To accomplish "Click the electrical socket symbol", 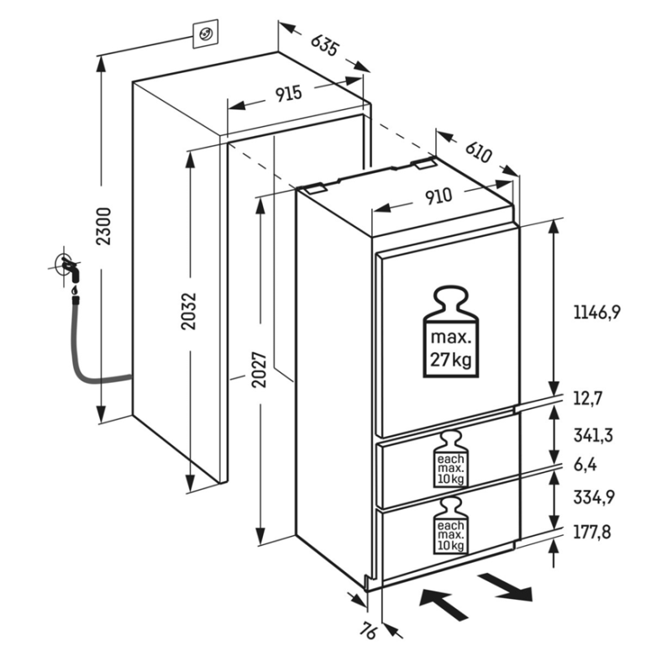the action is click(x=205, y=34).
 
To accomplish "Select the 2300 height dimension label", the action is click(x=103, y=226).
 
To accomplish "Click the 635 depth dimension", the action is click(x=324, y=45).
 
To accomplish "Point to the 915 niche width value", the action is click(x=288, y=94).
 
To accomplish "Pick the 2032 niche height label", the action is click(x=188, y=311).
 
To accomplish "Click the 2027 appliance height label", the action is click(x=260, y=370).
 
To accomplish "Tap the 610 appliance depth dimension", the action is click(x=478, y=152).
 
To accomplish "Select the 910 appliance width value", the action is click(x=438, y=197).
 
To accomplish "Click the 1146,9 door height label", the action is click(x=597, y=312).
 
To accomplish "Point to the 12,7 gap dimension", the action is click(x=588, y=399).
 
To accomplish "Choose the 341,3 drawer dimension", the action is click(x=593, y=435).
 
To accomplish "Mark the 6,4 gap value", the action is click(x=585, y=465).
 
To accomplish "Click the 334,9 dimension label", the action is click(x=594, y=497).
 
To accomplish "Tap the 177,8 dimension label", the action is click(x=592, y=533).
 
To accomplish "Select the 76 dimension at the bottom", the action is click(x=367, y=633).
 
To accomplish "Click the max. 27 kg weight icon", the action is click(x=451, y=332).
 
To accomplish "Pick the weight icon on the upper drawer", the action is click(x=450, y=459).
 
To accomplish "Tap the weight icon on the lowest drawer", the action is click(x=450, y=526).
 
